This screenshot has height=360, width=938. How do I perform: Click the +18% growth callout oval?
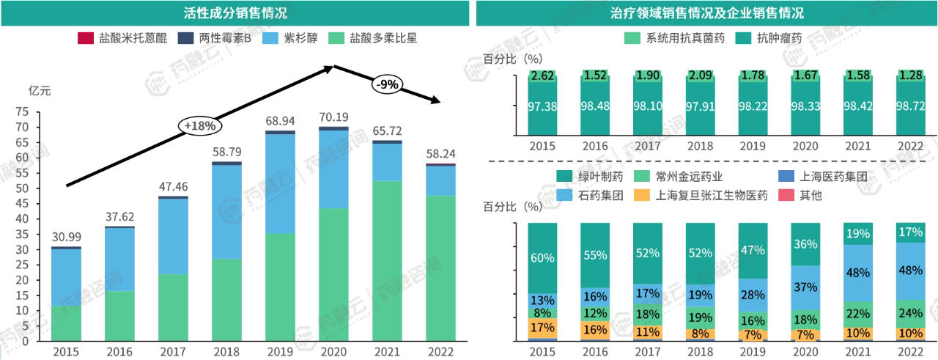coord(200,126)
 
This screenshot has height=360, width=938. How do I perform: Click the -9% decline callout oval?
coord(386,84)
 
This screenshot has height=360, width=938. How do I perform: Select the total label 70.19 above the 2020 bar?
coord(334,117)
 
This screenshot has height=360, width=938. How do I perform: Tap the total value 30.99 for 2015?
coord(66,236)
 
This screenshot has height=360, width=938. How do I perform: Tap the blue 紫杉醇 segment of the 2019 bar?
coord(281,184)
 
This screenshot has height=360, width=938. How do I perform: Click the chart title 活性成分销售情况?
coord(235,13)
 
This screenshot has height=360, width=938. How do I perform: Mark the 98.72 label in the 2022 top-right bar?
coord(911,106)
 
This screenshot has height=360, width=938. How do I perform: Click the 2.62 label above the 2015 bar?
coord(542,76)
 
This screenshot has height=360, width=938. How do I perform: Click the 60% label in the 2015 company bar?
coord(542,258)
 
